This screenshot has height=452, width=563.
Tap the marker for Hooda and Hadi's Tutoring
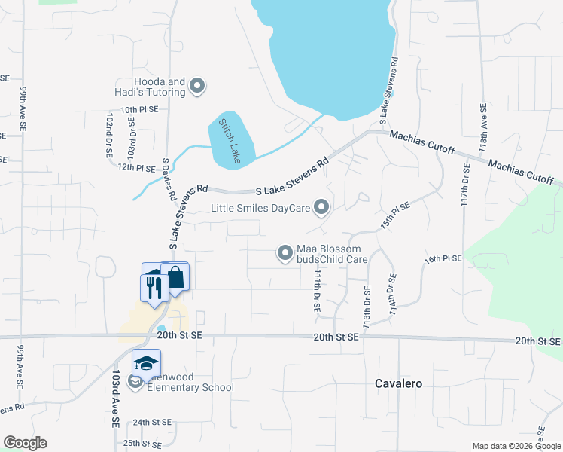pos(198,87)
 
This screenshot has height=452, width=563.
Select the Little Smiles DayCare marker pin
pos(322,206)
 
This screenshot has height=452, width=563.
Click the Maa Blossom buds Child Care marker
pos(285,254)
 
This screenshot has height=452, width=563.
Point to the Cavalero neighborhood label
pos(398,383)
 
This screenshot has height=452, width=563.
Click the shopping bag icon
pos(175,278)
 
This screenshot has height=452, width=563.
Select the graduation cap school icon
pos(146,362)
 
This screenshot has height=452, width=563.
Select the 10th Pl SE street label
pos(129,109)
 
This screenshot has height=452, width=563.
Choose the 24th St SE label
pos(153,423)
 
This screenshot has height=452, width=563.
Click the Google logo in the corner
pos(25,443)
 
